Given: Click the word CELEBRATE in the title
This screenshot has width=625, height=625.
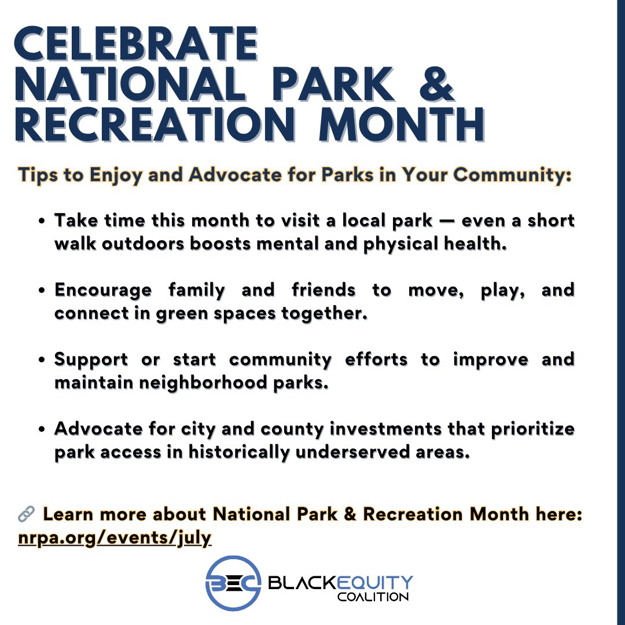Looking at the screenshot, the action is [x=136, y=44].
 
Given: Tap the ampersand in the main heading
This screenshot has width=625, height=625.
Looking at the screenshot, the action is [x=437, y=84].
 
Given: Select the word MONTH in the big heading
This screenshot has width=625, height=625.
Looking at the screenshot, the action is [x=402, y=124].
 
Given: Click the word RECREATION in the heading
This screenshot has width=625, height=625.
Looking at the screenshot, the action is [x=155, y=124].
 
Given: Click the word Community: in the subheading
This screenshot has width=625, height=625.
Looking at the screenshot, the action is [x=512, y=175].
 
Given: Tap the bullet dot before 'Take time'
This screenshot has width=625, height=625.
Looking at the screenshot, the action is [x=42, y=221].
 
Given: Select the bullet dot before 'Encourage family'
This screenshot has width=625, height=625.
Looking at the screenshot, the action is [x=42, y=291].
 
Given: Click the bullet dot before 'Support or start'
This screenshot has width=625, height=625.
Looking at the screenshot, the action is [x=42, y=360].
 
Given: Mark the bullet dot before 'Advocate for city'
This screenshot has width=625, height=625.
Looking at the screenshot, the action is [x=42, y=429].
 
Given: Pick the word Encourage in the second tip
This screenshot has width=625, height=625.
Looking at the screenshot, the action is [x=103, y=290].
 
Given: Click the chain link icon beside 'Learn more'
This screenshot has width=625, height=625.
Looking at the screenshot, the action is [x=26, y=514].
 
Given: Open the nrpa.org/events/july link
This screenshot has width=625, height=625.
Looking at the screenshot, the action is [x=115, y=538].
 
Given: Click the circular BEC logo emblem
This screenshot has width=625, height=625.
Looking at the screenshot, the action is [x=234, y=583].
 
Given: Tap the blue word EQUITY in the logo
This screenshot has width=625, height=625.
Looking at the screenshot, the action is [x=375, y=583].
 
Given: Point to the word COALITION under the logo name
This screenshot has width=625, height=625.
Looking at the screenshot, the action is [x=373, y=597].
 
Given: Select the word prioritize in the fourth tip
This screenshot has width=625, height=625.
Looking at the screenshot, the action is [x=532, y=429].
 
